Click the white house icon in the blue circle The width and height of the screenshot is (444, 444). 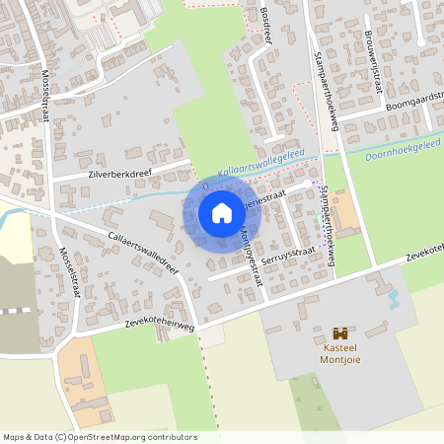click(x=222, y=213)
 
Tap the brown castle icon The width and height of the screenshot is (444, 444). click(x=341, y=333)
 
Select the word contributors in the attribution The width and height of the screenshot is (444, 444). click(x=172, y=437)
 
